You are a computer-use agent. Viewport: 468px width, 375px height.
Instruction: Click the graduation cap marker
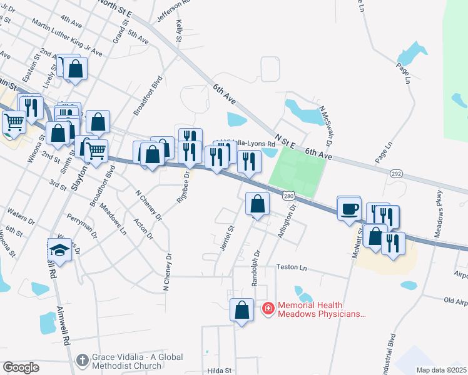pos(59,250)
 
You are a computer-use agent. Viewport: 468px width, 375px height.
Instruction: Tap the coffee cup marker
pos(348,208)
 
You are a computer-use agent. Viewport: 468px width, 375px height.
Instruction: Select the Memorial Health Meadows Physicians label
pos(320,309)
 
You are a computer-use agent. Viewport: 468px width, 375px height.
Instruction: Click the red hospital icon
pos(268,308)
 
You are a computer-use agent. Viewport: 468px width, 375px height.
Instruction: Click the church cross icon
pos(82,360)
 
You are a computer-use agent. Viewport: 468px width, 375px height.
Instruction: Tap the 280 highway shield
pos(288,196)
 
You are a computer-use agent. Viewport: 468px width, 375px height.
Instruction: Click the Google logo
pos(21,367)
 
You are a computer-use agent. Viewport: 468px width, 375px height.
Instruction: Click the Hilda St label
pos(220,371)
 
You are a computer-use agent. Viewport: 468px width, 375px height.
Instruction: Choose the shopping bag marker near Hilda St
pos(242,311)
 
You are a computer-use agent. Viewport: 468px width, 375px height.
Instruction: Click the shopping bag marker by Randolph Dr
pos(257,204)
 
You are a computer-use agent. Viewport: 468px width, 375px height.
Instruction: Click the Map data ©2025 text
pos(440,370)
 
